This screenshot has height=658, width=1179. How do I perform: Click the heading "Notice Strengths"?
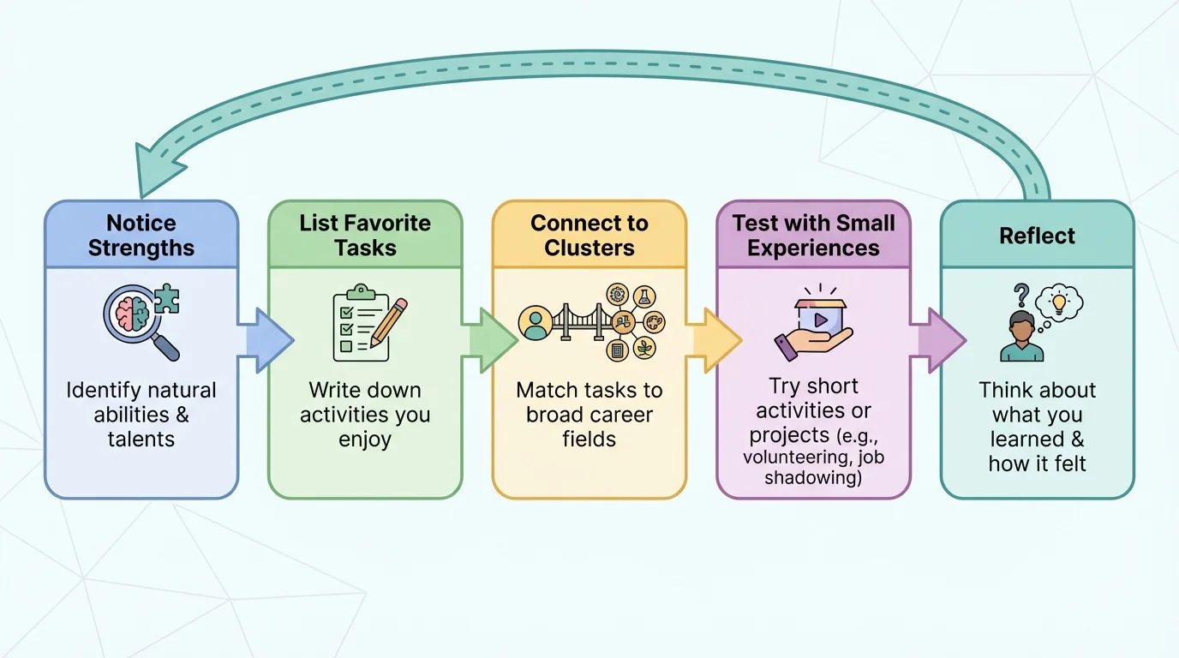click(141, 236)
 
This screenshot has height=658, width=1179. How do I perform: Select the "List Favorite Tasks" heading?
click(365, 236)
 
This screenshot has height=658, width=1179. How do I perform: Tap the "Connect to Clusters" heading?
click(589, 236)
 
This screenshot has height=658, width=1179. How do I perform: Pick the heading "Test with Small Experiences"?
click(813, 236)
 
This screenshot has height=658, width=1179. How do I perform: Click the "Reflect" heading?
click(1037, 236)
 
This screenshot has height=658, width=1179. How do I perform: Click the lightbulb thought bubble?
click(1059, 302)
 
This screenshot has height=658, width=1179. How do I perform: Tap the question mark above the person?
click(1020, 296)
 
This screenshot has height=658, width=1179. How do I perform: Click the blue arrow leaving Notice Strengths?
click(268, 341)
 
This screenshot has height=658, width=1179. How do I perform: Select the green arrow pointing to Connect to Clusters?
click(493, 341)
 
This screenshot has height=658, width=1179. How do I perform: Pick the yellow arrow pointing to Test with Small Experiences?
click(717, 341)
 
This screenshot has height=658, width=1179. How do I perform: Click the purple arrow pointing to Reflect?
click(941, 341)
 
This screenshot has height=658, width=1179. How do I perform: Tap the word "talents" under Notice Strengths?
click(141, 440)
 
